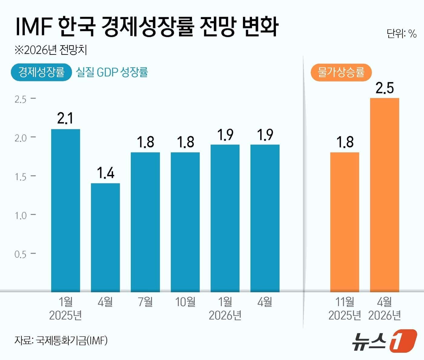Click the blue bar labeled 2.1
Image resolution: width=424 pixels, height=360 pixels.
click(65, 210)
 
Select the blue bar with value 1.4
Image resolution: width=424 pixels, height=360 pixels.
click(105, 238)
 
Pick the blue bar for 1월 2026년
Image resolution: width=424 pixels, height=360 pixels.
click(225, 218)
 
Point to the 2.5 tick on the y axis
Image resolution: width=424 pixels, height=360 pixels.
click(21, 99)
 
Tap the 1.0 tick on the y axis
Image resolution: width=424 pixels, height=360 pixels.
click(21, 216)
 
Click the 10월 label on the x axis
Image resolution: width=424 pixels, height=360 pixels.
click(185, 302)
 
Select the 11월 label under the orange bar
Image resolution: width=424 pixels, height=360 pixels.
click(345, 302)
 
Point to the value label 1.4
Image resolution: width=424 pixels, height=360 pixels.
click(105, 173)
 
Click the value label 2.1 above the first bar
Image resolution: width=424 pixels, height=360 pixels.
click(65, 118)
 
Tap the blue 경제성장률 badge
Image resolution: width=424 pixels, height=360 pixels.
click(41, 72)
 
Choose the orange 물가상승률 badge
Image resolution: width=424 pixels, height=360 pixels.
click(341, 72)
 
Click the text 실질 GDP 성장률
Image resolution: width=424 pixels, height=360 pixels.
click(112, 72)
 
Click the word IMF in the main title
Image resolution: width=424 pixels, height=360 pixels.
click(33, 27)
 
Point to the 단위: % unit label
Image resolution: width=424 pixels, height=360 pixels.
click(402, 33)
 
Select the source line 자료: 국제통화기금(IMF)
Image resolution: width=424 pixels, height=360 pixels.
click(61, 341)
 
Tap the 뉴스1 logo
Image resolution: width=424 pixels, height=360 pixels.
click(384, 342)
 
